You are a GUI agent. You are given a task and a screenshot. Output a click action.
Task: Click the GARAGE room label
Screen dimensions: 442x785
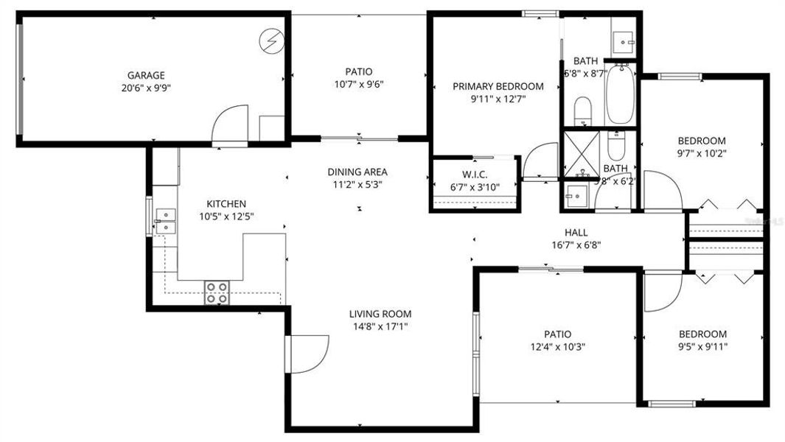(146, 75)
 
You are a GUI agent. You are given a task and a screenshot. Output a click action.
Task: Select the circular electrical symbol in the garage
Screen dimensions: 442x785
(272, 41)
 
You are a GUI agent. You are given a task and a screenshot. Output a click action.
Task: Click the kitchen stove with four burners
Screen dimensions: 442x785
(216, 292)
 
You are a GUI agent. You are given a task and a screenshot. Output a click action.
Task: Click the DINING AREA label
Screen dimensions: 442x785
(357, 172)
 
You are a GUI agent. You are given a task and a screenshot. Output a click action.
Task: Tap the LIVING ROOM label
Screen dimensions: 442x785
(380, 314)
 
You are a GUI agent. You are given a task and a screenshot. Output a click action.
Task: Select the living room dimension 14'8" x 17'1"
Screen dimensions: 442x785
(380, 326)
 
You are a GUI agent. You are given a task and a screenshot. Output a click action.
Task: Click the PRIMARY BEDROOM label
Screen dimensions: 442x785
(498, 86)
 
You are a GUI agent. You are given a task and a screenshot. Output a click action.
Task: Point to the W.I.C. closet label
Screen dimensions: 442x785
(474, 175)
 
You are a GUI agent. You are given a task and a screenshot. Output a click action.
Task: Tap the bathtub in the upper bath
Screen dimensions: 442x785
(620, 96)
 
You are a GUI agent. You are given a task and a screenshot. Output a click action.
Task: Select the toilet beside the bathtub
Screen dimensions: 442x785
(583, 110)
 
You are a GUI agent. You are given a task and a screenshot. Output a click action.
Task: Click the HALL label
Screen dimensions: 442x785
(576, 233)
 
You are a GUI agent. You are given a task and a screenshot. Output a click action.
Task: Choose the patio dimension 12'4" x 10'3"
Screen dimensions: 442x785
(558, 346)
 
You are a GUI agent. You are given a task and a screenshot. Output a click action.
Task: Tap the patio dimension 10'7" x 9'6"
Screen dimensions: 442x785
(359, 84)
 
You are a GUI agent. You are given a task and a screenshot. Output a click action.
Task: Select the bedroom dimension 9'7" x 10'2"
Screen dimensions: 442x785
(702, 153)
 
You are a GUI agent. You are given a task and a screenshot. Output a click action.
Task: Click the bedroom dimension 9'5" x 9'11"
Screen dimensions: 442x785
(702, 346)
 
